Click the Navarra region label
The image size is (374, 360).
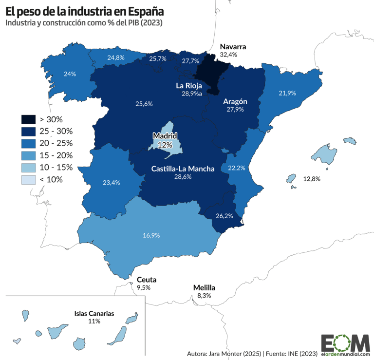point(233,47)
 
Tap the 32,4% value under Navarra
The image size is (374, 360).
point(228,55)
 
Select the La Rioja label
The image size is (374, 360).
point(188,85)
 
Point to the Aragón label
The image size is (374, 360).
point(235,101)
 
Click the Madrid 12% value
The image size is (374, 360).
point(165,145)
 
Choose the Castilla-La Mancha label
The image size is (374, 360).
point(183,169)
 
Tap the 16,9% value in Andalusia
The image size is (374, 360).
point(151,235)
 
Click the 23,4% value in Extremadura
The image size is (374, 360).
point(112,183)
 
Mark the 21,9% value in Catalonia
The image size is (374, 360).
point(287,93)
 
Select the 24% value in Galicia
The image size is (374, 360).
point(70,74)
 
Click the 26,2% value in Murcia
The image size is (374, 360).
point(224,216)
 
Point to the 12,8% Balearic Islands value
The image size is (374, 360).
point(312,179)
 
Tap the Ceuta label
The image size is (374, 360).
point(147,280)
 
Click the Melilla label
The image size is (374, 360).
point(204,287)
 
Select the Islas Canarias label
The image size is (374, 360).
point(94,314)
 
